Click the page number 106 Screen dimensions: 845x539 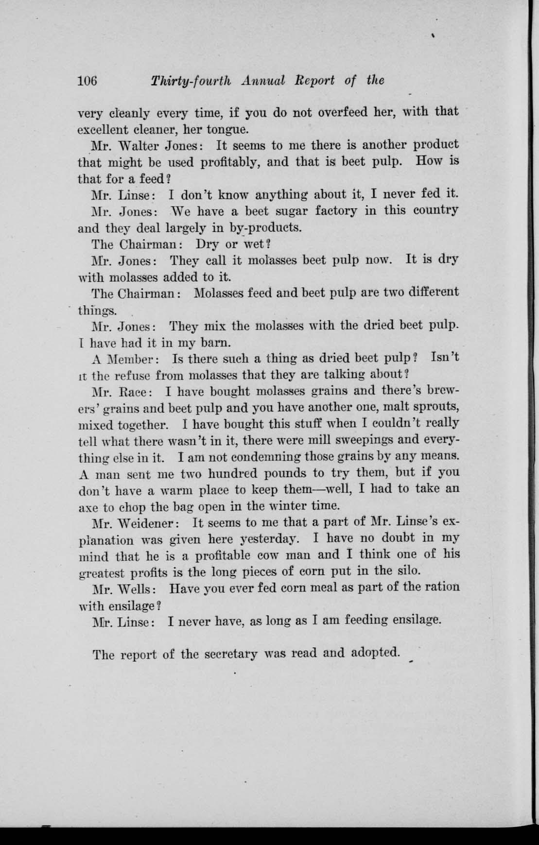pos(88,81)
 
